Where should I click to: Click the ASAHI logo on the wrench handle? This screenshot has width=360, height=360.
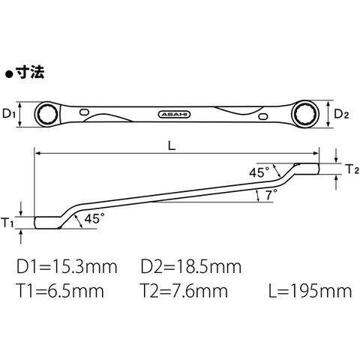pos(175,115)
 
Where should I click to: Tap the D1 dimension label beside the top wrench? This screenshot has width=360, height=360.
pos(9,114)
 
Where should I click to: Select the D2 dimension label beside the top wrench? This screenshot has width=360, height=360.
pos(341,115)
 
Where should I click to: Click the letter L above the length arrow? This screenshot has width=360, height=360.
pos(172,145)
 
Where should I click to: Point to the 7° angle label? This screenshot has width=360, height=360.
pos(271,194)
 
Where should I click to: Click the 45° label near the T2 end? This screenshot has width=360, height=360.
pos(259,172)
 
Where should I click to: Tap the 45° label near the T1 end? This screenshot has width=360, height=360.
pos(94,218)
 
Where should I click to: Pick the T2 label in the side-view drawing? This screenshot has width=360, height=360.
pos(352,169)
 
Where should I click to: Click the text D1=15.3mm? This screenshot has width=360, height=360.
pos(67,266)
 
